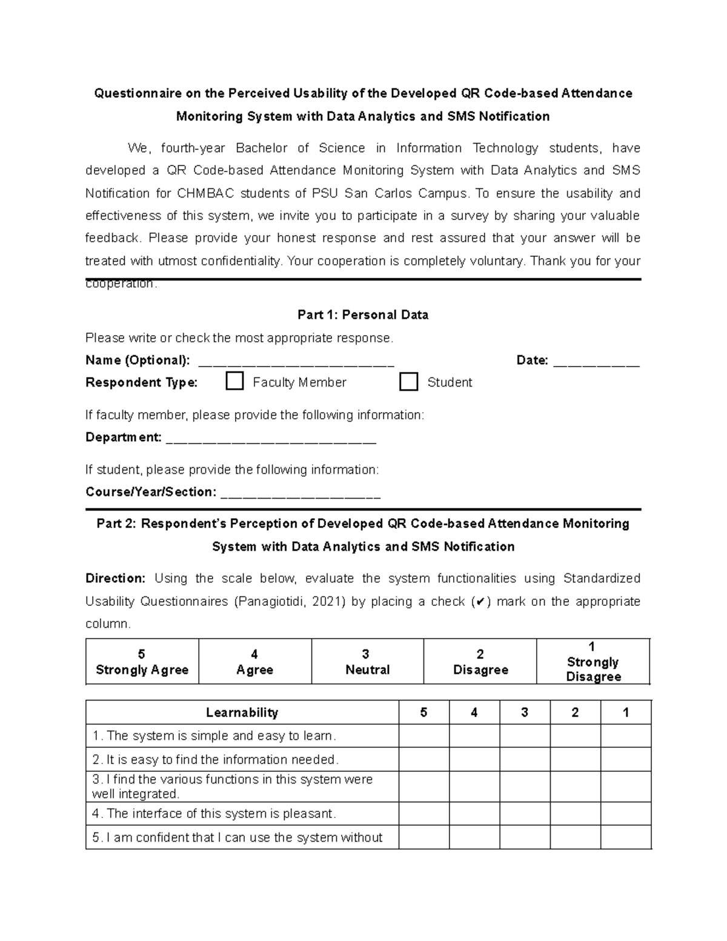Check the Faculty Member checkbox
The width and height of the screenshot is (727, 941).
coord(234,382)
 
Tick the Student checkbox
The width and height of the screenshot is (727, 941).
coord(409,382)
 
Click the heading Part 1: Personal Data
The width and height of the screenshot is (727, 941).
coord(363,315)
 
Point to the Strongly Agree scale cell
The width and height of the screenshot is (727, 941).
coord(142,662)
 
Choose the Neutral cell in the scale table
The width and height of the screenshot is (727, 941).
coord(367,662)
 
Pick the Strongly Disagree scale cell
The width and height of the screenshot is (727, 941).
coord(593,662)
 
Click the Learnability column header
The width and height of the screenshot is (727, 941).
coord(242,713)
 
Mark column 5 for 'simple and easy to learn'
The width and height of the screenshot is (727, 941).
coord(423,736)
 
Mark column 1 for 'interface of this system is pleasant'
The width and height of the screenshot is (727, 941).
coord(626,814)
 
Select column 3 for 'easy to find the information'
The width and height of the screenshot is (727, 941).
coord(525,760)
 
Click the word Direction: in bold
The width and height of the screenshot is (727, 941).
coord(115,579)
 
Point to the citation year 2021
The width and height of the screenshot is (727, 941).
coord(327,602)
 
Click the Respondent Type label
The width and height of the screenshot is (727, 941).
coord(142,382)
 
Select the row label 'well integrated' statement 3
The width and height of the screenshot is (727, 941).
coord(232,786)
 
